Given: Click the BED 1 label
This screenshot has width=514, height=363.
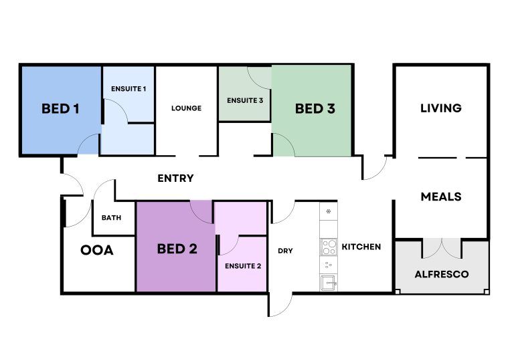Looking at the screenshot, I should point(60,108).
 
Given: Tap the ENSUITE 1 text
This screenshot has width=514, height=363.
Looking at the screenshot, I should point(128,89).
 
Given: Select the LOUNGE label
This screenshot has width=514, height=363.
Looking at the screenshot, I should point(186,108).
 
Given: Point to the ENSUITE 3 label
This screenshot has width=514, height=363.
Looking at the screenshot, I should point(245,100).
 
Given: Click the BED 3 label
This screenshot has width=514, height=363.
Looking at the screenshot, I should point(315,108).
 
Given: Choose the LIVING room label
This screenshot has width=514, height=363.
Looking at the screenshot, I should point(440,108).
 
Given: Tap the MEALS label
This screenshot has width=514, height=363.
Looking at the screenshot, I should point(440,197).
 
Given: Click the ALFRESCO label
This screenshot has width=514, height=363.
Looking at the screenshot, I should point(442,274).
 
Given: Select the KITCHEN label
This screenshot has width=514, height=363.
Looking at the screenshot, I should point(361,247).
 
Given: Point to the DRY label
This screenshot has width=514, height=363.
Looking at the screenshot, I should point(285,251).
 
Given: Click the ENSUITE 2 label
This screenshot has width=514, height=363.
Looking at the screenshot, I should point(242,265).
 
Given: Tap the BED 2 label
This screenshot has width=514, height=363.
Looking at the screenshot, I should point(177,249).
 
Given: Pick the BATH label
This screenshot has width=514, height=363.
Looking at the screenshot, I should point(110,218).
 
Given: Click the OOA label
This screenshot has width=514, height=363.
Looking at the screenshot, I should point(97,251).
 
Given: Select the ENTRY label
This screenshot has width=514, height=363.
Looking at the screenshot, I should point(175,178).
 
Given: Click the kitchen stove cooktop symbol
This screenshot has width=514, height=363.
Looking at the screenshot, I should point(329,247).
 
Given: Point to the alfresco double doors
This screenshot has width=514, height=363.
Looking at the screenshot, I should point(442,248).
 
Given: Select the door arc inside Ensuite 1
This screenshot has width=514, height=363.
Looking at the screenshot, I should point(115,111).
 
